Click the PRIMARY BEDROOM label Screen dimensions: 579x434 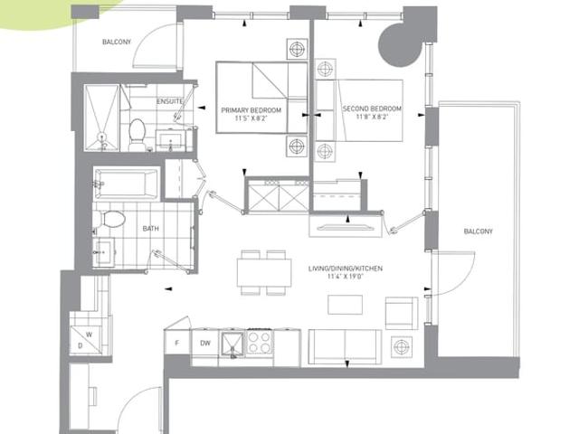252,110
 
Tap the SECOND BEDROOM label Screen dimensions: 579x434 372,108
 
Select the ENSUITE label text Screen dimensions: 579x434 170,101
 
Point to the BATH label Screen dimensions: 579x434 151,229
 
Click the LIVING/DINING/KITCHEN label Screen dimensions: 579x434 346,269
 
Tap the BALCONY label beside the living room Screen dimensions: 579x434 479,231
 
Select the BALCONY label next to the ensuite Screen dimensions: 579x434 117,42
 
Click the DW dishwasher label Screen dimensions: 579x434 205,343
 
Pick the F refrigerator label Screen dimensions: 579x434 177,343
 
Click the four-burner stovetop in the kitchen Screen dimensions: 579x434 260,342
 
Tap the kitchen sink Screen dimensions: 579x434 233,344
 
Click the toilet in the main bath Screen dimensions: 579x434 109,219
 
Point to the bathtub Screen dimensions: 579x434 127,184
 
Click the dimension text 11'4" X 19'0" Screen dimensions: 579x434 346,277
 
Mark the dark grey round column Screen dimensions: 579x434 400,45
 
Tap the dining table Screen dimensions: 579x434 264,272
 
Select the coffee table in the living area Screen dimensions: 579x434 345,305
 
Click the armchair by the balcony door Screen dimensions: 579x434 402,313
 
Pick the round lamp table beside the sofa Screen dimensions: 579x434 402,347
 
